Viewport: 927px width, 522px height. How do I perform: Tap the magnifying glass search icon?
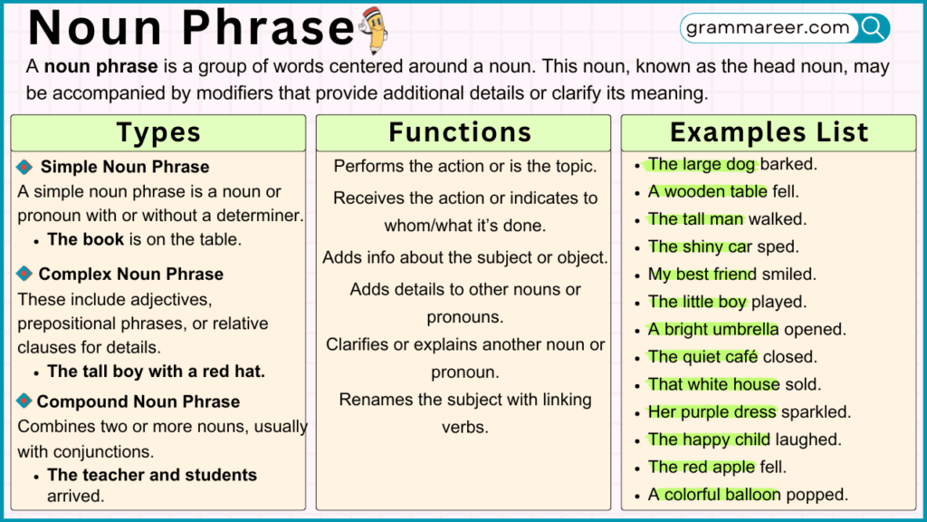pos(873,28)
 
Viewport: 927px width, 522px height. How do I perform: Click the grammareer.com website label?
pos(768,28)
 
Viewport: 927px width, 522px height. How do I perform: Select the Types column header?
pos(158,132)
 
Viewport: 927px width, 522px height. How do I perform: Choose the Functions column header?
pos(460,132)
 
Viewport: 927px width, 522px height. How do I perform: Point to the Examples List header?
pos(769,132)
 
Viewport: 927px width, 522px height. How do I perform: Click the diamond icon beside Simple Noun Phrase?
pos(25,167)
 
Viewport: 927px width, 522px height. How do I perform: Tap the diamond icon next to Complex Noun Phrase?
pos(24,274)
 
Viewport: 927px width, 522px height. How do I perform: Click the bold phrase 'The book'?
pos(86,239)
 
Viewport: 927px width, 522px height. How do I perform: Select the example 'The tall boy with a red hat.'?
pos(156,372)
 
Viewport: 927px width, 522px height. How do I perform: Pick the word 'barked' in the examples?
pos(789,164)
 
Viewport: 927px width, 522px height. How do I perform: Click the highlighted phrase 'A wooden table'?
pos(707,191)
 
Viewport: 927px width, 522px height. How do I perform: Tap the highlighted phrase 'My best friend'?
pos(702,274)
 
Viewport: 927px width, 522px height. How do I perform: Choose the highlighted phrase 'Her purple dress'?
pos(712,411)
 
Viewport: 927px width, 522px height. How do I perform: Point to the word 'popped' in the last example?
pos(816,495)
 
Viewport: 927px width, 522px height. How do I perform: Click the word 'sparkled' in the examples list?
pos(816,411)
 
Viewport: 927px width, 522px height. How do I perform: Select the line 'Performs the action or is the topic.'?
pos(465,166)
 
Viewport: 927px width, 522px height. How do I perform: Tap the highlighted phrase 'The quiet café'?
pos(702,356)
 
